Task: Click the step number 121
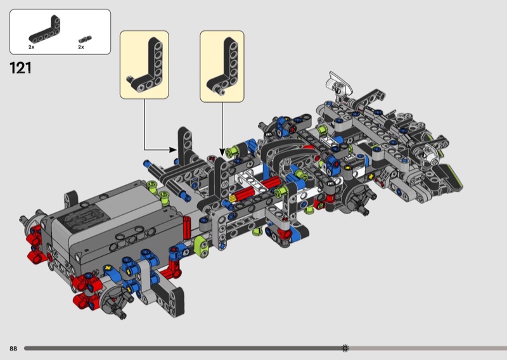tap(20, 68)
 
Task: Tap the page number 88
tap(13, 349)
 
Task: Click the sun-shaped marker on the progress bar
tap(345, 348)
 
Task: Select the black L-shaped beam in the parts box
tap(46, 30)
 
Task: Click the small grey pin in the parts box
tap(85, 39)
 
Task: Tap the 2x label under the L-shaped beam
tap(31, 47)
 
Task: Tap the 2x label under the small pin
tap(81, 47)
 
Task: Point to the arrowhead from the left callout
tap(173, 150)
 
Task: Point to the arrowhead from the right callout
tap(222, 152)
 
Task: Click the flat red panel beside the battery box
tap(187, 228)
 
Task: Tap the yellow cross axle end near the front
tap(371, 176)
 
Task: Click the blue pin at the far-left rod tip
tap(147, 164)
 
